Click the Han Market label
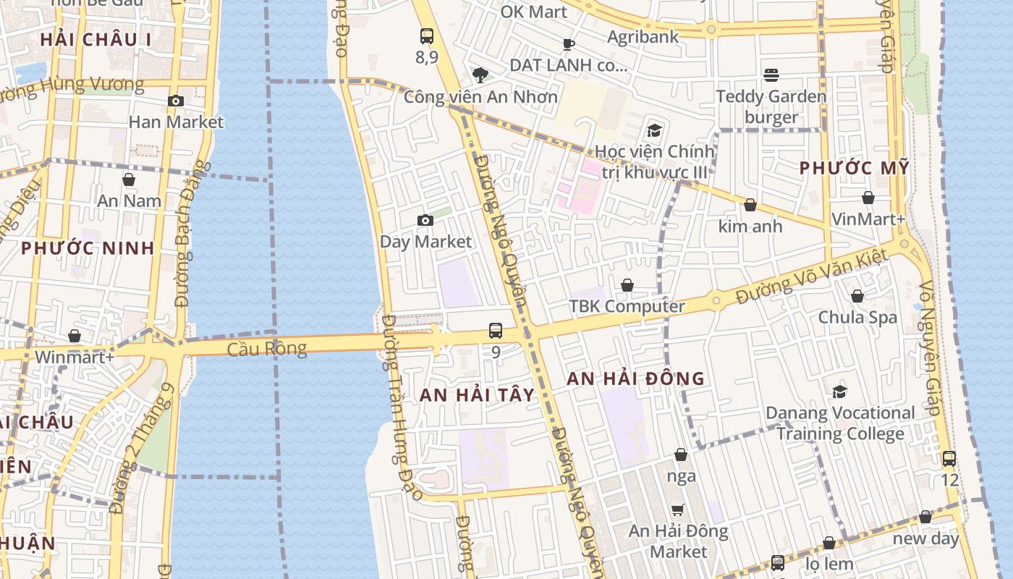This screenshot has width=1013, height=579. (176, 122)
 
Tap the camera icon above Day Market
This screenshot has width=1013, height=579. (425, 220)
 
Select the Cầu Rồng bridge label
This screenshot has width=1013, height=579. (267, 349)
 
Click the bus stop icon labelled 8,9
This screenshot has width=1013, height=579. (427, 35)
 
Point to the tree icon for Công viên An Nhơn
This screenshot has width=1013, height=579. (479, 75)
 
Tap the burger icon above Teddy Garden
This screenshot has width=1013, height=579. (771, 75)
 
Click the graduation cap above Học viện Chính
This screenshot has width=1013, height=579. (654, 130)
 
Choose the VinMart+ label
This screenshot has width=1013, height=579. (868, 219)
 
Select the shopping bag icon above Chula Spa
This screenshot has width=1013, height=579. (857, 296)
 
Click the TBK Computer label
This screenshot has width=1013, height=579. (627, 306)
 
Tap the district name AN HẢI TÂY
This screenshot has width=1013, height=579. (478, 394)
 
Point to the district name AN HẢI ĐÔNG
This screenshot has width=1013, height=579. (635, 378)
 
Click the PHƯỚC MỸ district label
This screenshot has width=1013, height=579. (854, 168)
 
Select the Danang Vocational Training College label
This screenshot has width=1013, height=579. (840, 423)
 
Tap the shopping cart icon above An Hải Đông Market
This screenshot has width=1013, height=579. (678, 510)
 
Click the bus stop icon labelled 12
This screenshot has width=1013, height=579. (949, 458)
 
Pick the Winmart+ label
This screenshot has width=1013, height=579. (75, 357)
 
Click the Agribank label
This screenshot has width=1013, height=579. (643, 36)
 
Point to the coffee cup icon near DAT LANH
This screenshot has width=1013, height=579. (569, 44)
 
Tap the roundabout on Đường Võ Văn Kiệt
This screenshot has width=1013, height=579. (716, 299)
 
